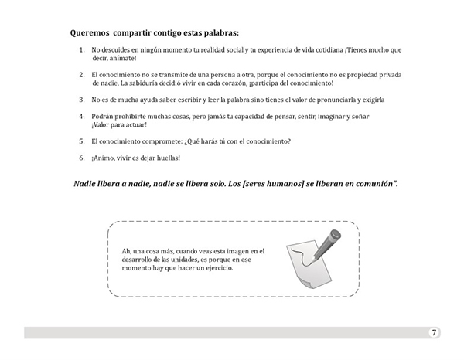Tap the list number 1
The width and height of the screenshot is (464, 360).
[x=82, y=50]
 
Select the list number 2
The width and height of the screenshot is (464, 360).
[x=82, y=74]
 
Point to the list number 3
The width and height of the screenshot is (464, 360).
[x=82, y=100]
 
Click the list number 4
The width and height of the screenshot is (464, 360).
[x=82, y=116]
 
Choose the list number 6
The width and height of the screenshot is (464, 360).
[x=82, y=158]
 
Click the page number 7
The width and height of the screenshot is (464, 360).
[x=434, y=332]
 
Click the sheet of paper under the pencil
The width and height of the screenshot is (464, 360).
[x=305, y=267]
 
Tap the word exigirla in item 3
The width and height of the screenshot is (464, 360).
[x=370, y=100]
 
